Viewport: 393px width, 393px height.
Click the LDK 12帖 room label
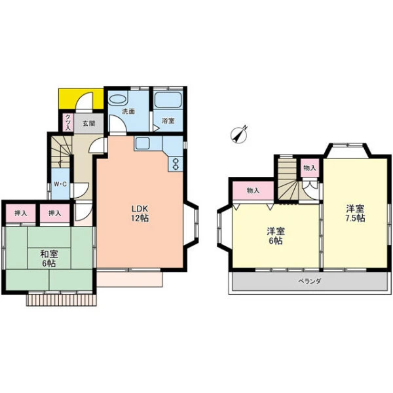140,214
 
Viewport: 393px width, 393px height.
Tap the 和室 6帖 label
49,259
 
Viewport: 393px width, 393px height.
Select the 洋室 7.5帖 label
355,214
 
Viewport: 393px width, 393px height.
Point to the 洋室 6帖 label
276,236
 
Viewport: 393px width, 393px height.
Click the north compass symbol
239,134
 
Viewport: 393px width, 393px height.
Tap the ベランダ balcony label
309,281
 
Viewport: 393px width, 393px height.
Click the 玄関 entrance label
89,123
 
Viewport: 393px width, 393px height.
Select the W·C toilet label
60,184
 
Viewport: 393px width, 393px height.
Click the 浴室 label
168,121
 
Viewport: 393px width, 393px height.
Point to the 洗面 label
128,111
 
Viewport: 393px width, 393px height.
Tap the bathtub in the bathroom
168,100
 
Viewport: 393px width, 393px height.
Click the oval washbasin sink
118,99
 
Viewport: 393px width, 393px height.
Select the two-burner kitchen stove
176,164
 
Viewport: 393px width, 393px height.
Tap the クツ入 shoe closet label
68,122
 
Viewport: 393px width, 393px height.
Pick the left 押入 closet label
20,214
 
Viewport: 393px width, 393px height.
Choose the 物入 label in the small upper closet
310,168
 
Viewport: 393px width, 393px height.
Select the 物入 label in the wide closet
253,191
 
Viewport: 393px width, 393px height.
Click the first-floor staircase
61,151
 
